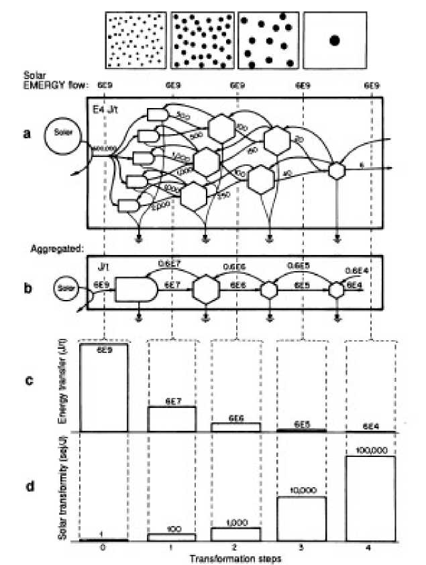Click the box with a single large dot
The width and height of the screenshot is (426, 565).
pyautogui.click(x=335, y=41)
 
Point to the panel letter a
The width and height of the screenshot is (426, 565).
pyautogui.click(x=27, y=132)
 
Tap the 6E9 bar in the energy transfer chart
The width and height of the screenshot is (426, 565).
pyautogui.click(x=104, y=387)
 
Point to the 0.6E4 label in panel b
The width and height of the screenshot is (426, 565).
pyautogui.click(x=356, y=271)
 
